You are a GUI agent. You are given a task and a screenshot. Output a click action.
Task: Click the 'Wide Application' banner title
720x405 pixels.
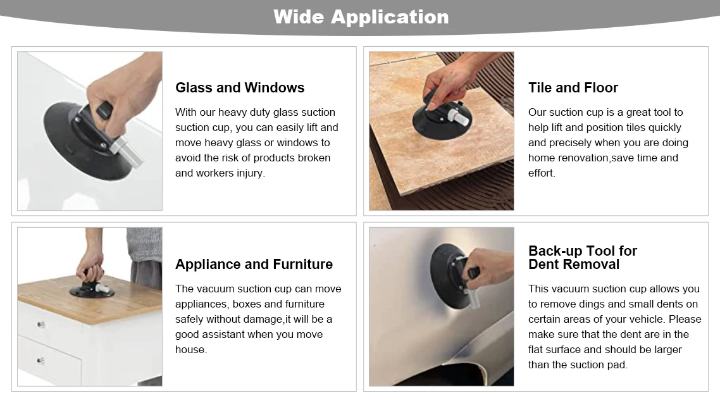pyautogui.click(x=361, y=17)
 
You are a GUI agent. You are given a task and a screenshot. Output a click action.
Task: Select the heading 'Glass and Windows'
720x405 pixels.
pyautogui.click(x=240, y=88)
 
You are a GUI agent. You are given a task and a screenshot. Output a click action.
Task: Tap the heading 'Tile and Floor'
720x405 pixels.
pyautogui.click(x=573, y=88)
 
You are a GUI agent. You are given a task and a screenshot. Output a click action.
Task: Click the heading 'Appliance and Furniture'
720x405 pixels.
pyautogui.click(x=254, y=265)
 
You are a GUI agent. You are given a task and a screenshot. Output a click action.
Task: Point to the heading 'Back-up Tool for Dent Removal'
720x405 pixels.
pyautogui.click(x=582, y=258)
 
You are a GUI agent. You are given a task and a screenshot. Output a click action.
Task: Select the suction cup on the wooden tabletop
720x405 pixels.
pyautogui.click(x=91, y=290)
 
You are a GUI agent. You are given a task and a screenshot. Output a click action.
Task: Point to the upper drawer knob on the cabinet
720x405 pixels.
pyautogui.click(x=40, y=325)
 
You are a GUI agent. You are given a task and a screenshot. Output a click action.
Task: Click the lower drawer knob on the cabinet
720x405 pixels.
pyautogui.click(x=40, y=361)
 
